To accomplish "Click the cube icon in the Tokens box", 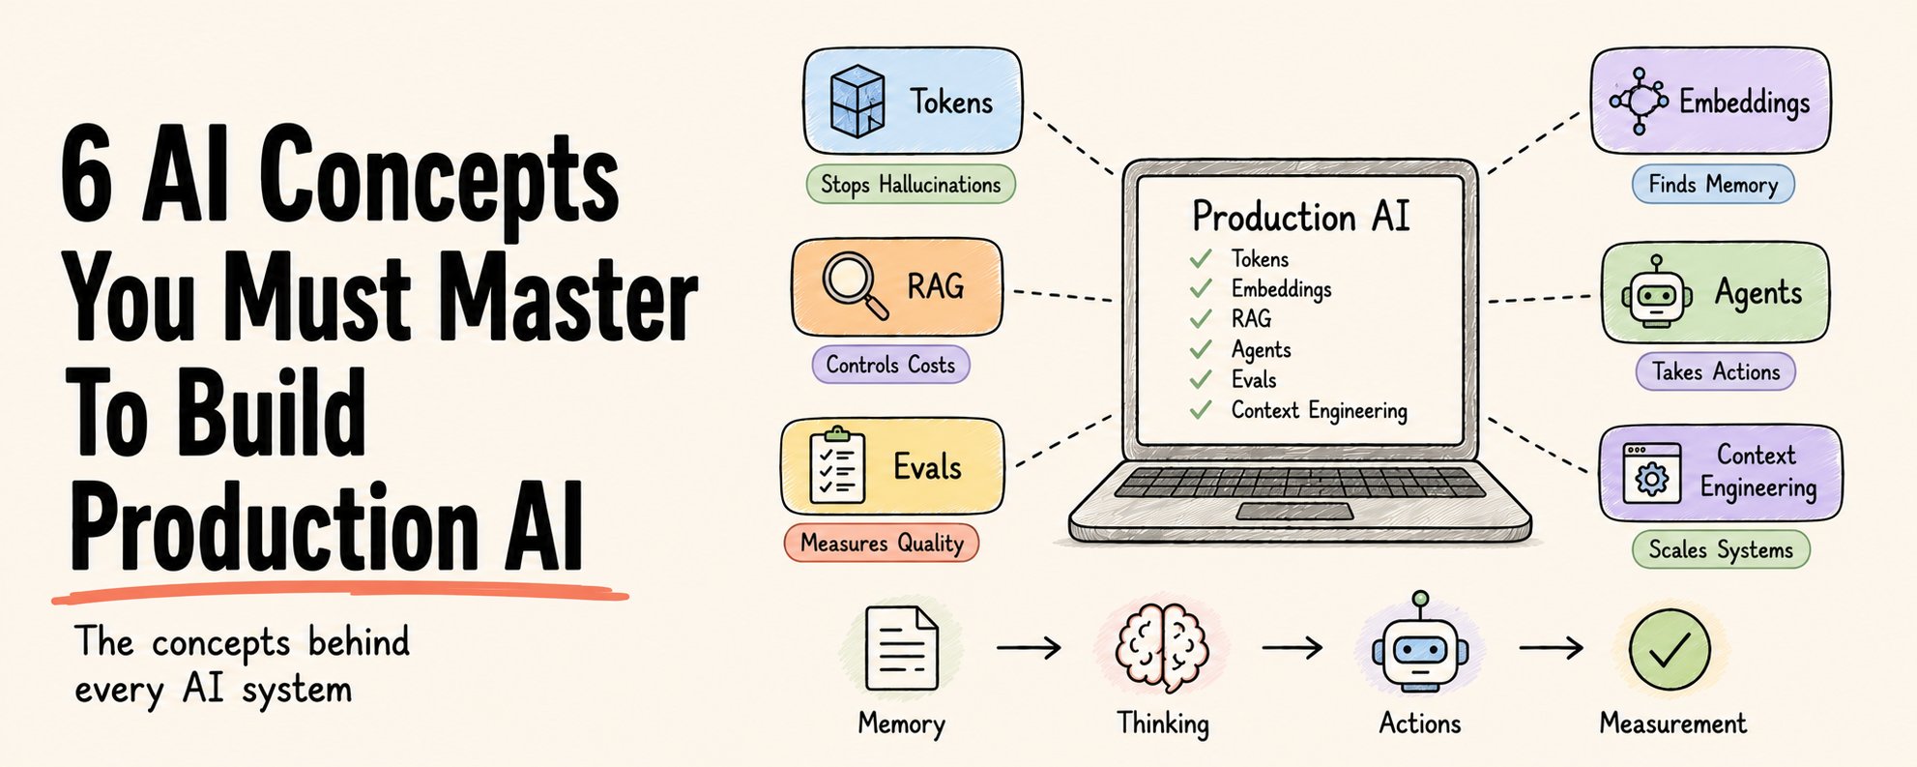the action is click(x=857, y=101).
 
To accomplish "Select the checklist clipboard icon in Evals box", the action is click(x=836, y=466).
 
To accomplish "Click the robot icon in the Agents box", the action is click(x=1657, y=292).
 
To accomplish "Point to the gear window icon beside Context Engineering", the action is click(x=1652, y=473).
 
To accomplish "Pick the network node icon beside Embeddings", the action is click(x=1639, y=101).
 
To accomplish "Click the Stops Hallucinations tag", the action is click(x=911, y=184).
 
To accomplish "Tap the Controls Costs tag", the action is click(x=890, y=365).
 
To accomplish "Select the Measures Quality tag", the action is click(x=882, y=543).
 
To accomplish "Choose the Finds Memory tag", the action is click(x=1713, y=184).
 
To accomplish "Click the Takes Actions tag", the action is click(x=1716, y=371).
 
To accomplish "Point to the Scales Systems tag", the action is click(x=1721, y=549).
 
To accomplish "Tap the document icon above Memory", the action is click(x=901, y=647).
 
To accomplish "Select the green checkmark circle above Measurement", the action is click(x=1670, y=649).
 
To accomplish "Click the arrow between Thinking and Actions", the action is click(x=1293, y=646).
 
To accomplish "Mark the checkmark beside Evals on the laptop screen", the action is click(x=1201, y=379).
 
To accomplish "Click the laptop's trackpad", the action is click(x=1295, y=512).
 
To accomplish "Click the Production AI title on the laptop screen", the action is click(x=1301, y=216).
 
